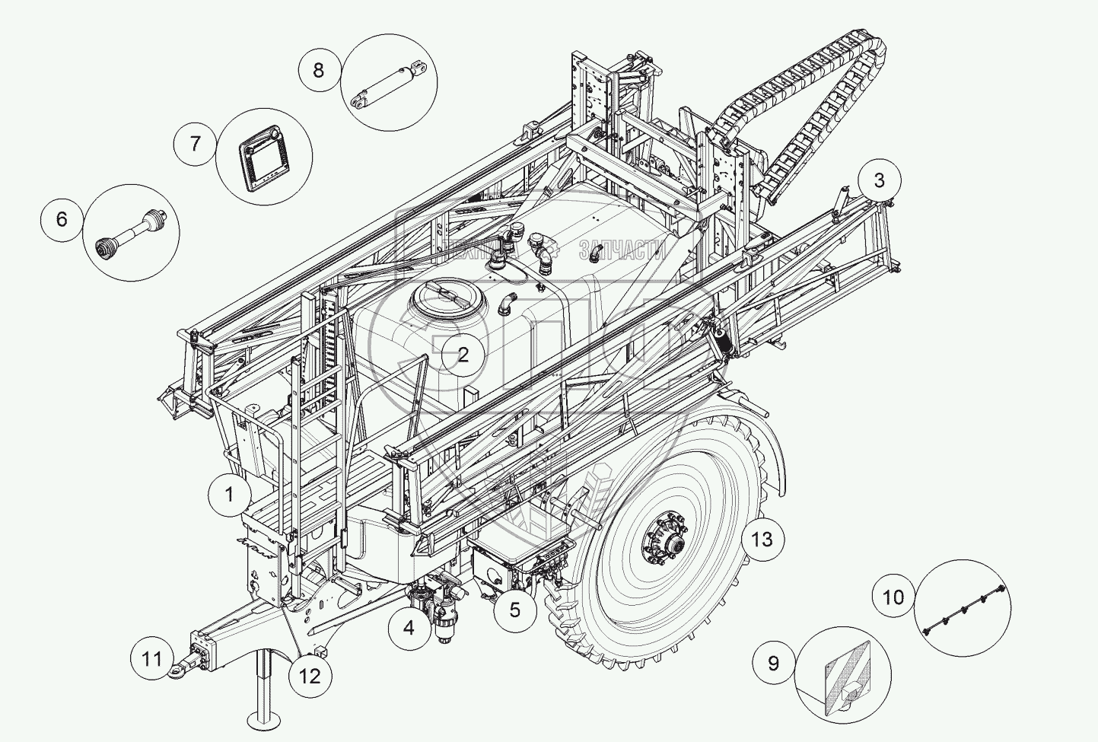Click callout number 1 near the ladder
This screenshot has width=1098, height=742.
229,494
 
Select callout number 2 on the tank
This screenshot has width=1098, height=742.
463,354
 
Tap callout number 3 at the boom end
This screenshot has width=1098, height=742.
880,180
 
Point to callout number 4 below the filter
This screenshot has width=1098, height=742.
409,628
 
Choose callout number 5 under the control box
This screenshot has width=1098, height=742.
514,610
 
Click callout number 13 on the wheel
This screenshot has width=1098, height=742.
762,540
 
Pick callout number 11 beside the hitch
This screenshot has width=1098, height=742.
152,658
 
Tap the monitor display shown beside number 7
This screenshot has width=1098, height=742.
264,155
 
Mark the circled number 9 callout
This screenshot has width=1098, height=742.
773,663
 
